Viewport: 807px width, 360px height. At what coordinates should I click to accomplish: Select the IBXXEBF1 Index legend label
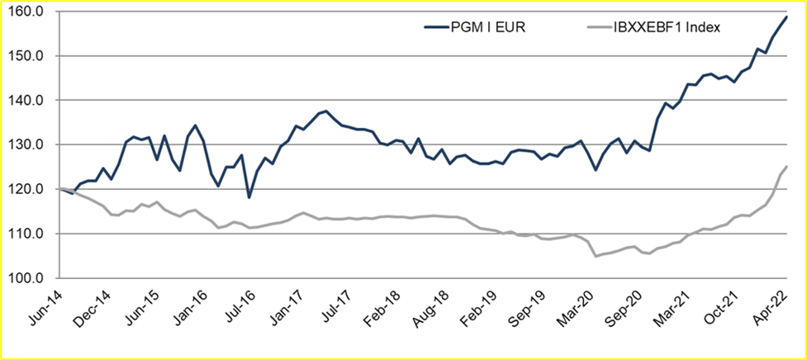pos(667,27)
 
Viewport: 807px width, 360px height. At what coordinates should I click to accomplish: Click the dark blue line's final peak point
pos(786,17)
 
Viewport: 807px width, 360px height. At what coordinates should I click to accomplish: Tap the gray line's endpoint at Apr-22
pos(786,167)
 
